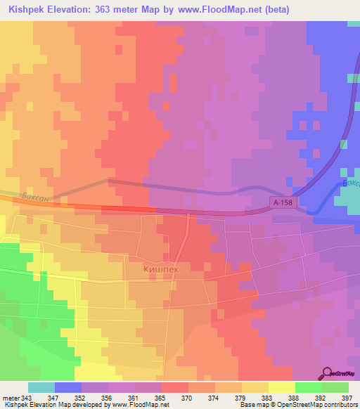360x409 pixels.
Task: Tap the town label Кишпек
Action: pyautogui.click(x=148, y=268)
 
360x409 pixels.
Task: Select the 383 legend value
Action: pyautogui.click(x=268, y=397)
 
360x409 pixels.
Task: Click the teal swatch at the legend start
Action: pyautogui.click(x=41, y=387)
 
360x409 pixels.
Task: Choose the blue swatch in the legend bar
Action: pyautogui.click(x=68, y=387)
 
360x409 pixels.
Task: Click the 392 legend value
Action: pyautogui.click(x=320, y=397)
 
